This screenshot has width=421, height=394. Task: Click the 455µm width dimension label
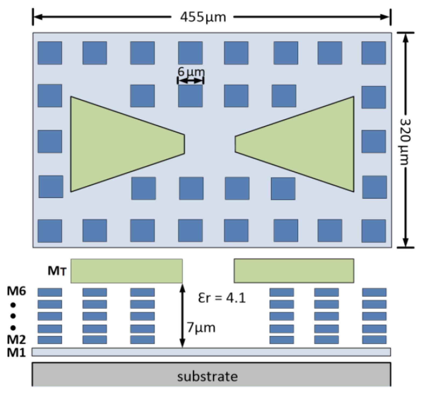203,17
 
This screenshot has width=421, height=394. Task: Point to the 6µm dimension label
191,72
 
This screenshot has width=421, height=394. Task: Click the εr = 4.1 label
222,298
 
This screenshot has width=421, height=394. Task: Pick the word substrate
207,377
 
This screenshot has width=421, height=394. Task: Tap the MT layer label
57,271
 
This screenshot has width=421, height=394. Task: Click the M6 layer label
16,291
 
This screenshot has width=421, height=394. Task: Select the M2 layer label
16,340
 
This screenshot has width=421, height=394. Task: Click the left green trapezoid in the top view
118,144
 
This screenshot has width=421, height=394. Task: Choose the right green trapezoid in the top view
304,144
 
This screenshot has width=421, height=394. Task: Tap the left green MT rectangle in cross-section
127,271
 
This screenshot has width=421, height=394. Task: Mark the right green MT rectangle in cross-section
294,271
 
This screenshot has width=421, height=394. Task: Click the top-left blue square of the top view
50,53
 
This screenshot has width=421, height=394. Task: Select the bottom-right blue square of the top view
374,231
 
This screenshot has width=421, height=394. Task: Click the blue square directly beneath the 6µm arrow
190,96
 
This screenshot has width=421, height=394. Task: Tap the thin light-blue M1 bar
211,352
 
